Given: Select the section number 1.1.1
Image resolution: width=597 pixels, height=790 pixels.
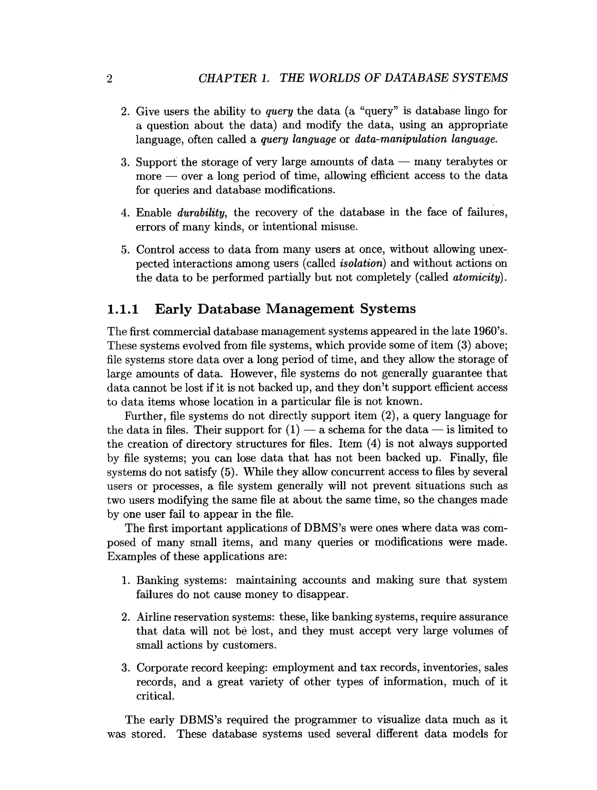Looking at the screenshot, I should point(123,309).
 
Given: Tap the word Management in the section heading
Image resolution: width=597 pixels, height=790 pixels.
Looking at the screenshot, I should point(310,309).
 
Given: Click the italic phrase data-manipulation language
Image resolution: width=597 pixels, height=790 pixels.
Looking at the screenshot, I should point(425,139).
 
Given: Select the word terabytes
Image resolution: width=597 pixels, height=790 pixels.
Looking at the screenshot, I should point(469,162).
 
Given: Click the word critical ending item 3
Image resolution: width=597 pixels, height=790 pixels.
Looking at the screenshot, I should point(155,696).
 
